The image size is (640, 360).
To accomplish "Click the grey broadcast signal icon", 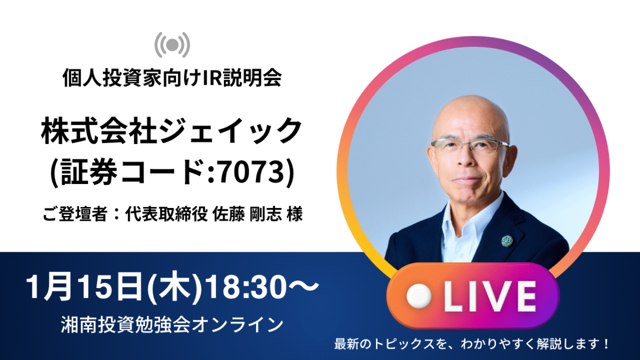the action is (172, 45).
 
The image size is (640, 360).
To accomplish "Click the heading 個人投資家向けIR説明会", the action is (172, 77).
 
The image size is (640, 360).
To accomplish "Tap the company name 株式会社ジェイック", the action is (172, 132).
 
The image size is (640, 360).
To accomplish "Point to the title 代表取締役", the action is (166, 214).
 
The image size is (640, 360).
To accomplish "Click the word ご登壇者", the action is (75, 214).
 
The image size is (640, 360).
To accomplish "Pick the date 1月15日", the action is (85, 286).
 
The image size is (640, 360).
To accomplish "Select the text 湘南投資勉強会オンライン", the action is (172, 325).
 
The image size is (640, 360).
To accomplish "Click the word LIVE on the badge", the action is (490, 296).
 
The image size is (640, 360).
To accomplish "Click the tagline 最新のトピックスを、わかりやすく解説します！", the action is (471, 344).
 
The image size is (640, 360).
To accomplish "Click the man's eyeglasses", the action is (470, 146).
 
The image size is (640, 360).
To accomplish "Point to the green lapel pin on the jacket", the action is (507, 241).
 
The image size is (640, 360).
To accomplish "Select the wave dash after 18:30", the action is (303, 286).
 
